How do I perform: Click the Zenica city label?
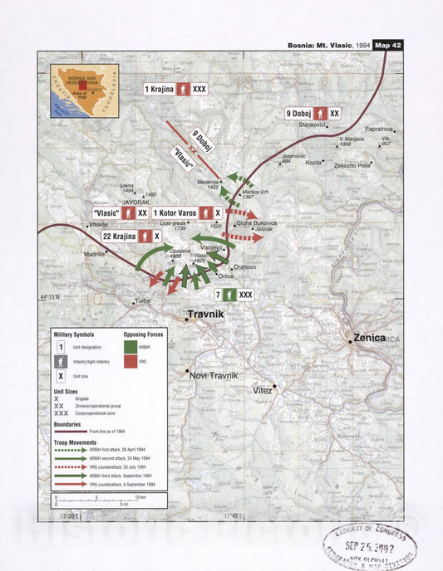pos(370,338)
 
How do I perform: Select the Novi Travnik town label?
pos(214,375)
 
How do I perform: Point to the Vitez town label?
pos(263,389)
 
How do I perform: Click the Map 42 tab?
pos(388,45)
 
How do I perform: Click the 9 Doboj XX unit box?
pos(313,113)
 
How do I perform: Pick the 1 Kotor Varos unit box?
pos(186,213)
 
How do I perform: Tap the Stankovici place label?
pos(312,124)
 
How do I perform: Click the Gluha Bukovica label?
pos(256,223)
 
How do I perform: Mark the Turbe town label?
pos(143,300)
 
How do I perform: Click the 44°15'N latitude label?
pos(52,297)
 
